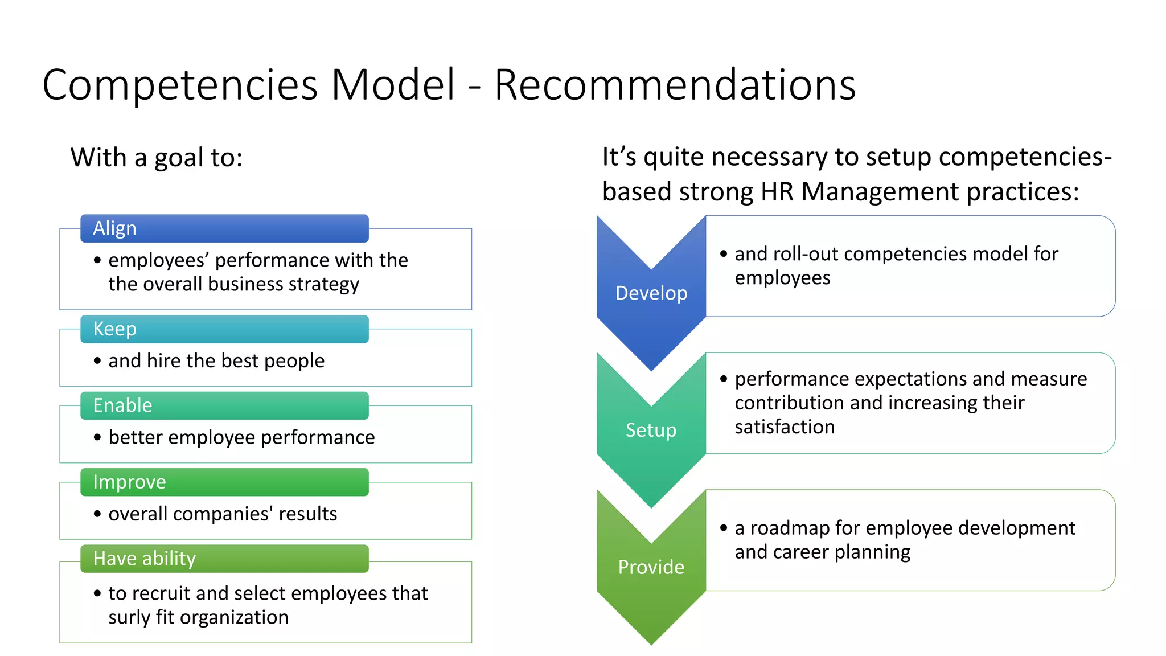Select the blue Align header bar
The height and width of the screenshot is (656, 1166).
[224, 228]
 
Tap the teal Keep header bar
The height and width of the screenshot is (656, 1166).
[224, 329]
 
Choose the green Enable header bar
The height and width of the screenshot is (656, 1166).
[224, 405]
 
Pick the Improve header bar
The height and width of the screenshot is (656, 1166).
[224, 482]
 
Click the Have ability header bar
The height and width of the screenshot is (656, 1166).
[224, 559]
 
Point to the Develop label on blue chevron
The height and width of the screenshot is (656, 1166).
[651, 293]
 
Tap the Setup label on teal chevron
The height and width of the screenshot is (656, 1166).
[651, 430]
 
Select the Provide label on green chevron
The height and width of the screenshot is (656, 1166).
[651, 567]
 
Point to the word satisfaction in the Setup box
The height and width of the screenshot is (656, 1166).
[784, 427]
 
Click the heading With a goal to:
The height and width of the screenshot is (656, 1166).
[157, 158]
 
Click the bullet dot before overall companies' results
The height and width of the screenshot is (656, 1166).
[97, 514]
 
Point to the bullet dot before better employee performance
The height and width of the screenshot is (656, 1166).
[97, 437]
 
